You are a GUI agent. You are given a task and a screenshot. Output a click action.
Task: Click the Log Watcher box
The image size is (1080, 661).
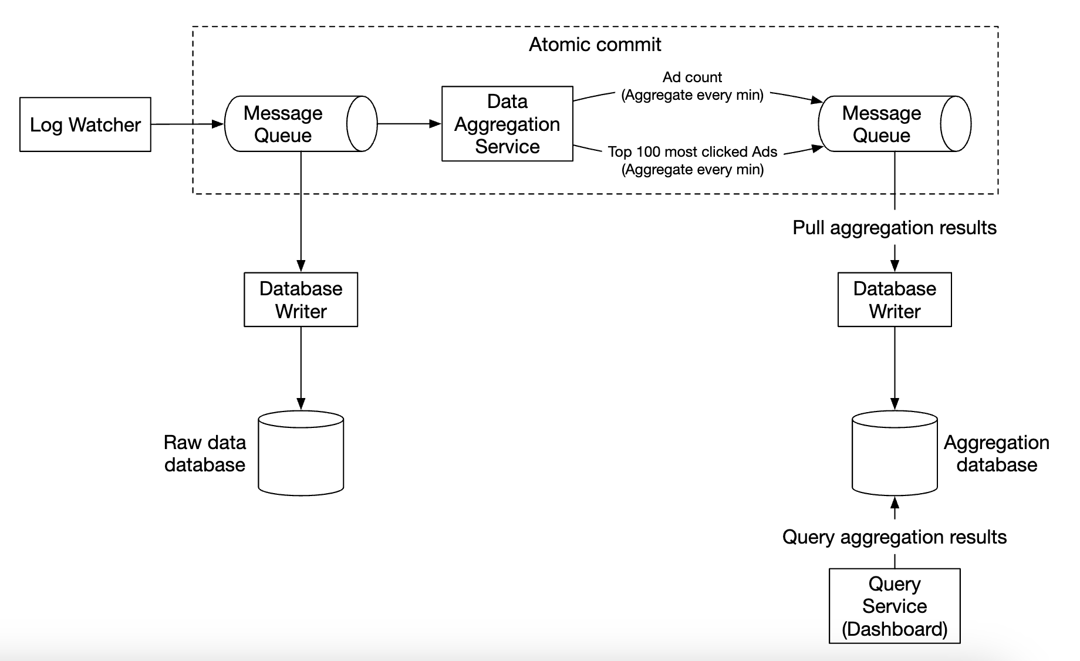point(85,124)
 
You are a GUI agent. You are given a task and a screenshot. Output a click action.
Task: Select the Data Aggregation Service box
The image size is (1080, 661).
point(507,124)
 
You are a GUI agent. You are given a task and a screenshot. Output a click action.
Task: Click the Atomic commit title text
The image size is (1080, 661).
point(595,45)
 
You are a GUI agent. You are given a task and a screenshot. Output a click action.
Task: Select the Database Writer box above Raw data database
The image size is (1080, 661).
point(301,299)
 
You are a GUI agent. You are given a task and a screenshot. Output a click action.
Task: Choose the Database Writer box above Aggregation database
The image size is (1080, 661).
point(895,299)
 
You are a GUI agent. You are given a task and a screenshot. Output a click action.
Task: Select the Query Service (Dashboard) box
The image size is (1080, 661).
point(895,606)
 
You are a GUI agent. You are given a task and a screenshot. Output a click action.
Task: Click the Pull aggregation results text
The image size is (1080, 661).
point(895,228)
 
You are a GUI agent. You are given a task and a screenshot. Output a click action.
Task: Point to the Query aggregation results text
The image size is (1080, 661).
point(895,537)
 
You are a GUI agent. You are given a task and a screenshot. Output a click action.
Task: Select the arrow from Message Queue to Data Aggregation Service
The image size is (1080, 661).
point(409,124)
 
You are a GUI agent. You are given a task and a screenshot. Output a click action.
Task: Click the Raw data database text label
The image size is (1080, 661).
point(205,453)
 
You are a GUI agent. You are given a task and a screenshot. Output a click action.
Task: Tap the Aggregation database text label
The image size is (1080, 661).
point(997,453)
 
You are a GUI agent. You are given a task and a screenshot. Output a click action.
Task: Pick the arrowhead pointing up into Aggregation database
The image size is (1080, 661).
point(895,503)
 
